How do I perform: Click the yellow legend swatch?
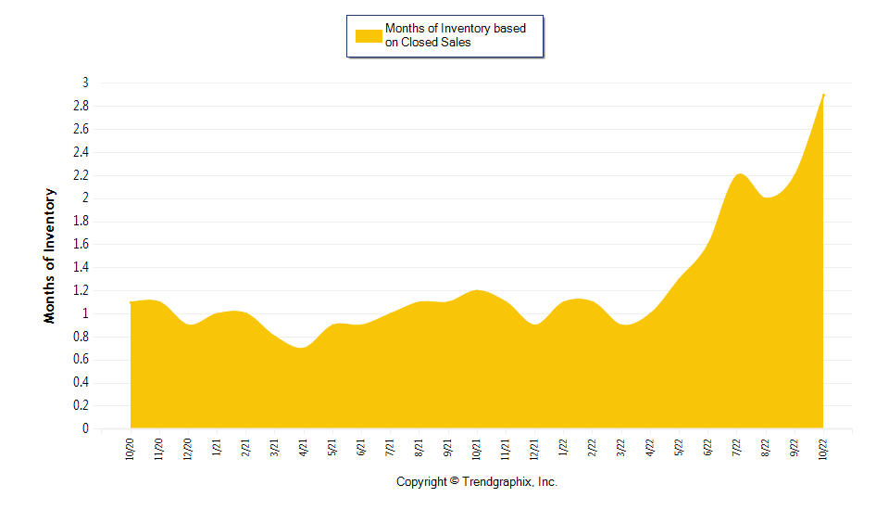(x=369, y=35)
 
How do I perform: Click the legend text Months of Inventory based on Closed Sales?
(x=455, y=35)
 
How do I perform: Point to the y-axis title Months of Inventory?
(x=50, y=256)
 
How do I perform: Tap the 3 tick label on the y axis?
(x=84, y=83)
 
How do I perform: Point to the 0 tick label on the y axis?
(x=84, y=429)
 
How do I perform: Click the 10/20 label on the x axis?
(x=131, y=450)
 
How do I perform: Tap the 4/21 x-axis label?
(x=304, y=450)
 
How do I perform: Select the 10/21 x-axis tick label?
(x=477, y=450)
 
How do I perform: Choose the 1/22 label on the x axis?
(x=563, y=450)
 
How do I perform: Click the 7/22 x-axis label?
(x=736, y=450)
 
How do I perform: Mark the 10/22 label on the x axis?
(x=823, y=450)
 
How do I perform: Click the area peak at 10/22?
(x=823, y=95)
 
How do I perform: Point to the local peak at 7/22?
(x=739, y=174)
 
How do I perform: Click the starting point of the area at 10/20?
(x=131, y=302)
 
